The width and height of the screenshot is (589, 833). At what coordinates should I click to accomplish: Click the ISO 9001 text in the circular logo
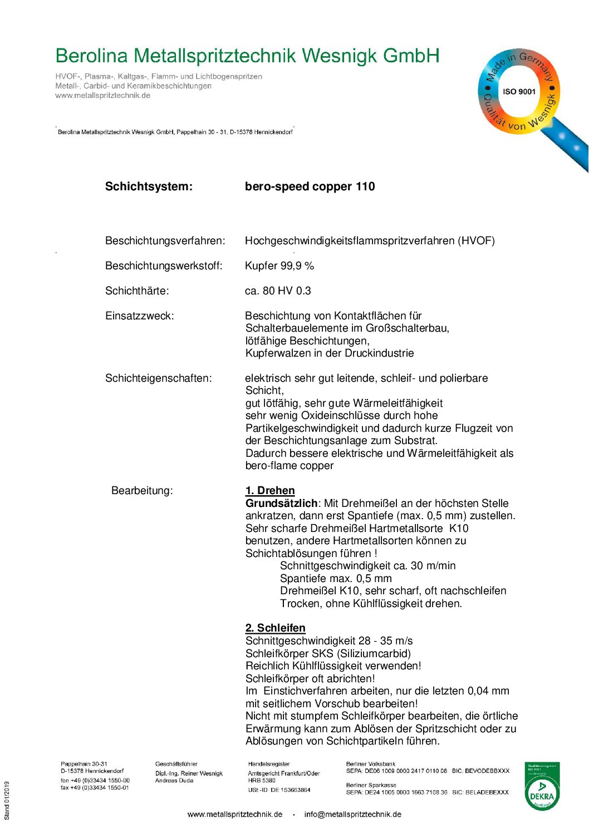(x=519, y=92)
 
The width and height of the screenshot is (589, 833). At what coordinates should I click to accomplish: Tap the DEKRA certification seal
(x=542, y=786)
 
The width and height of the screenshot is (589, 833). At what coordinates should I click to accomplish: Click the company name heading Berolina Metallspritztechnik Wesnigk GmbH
(x=247, y=56)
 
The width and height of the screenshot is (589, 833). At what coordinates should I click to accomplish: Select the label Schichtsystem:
(x=149, y=186)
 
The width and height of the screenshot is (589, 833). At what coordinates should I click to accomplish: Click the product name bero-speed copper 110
(x=310, y=186)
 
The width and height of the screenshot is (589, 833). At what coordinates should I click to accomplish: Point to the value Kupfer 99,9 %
(x=279, y=266)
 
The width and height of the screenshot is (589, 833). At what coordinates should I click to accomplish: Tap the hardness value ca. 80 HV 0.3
(x=278, y=291)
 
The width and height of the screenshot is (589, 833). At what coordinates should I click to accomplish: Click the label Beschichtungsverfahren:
(x=165, y=241)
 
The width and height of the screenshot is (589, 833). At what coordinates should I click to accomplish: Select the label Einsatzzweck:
(x=139, y=316)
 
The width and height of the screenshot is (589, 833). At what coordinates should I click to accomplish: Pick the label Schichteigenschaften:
(x=158, y=378)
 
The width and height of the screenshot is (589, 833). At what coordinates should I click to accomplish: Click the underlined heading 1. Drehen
(x=270, y=491)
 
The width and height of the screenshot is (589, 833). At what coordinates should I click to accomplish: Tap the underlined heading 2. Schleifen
(x=275, y=628)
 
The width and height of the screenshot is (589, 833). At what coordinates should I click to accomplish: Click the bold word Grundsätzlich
(x=281, y=503)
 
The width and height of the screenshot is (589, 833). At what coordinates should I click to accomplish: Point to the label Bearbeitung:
(x=142, y=491)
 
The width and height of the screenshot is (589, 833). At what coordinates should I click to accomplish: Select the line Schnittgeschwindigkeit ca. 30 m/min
(x=367, y=566)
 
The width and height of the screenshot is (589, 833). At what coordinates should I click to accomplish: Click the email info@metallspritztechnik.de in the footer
(x=352, y=815)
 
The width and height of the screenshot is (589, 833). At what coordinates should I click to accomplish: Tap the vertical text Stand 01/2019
(x=7, y=801)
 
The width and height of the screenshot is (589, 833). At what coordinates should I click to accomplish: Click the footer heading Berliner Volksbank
(x=370, y=764)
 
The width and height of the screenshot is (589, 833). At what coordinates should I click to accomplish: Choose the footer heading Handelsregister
(x=269, y=764)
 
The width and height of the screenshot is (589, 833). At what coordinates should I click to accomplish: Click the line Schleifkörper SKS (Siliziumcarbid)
(x=328, y=654)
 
